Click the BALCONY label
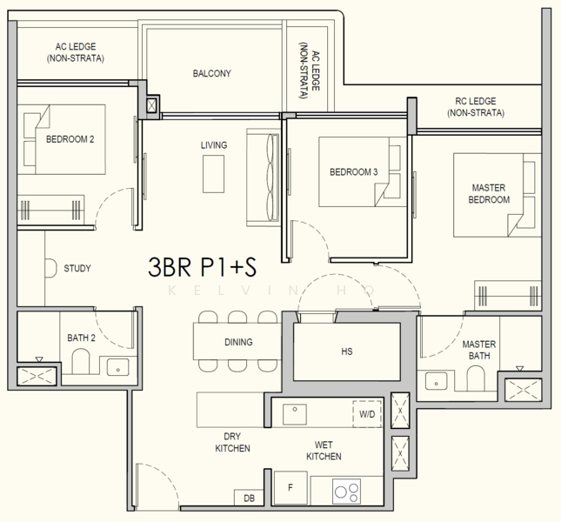point(212,73)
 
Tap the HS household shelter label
point(347,351)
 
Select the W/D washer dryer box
point(367,414)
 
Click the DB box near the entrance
point(249,498)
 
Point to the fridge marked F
point(291,488)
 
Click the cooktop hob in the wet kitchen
point(346,492)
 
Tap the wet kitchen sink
point(295,414)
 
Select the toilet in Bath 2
point(81,362)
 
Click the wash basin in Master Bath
point(436,382)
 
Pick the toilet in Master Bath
point(476,378)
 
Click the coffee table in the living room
point(214,174)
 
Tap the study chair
point(50,268)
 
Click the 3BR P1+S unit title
point(202,267)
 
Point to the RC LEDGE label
point(476,107)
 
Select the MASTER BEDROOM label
point(489,193)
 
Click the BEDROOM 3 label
point(353,172)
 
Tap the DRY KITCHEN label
point(232,442)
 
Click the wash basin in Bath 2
point(117,366)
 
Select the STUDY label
point(77,268)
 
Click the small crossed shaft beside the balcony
point(151,105)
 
